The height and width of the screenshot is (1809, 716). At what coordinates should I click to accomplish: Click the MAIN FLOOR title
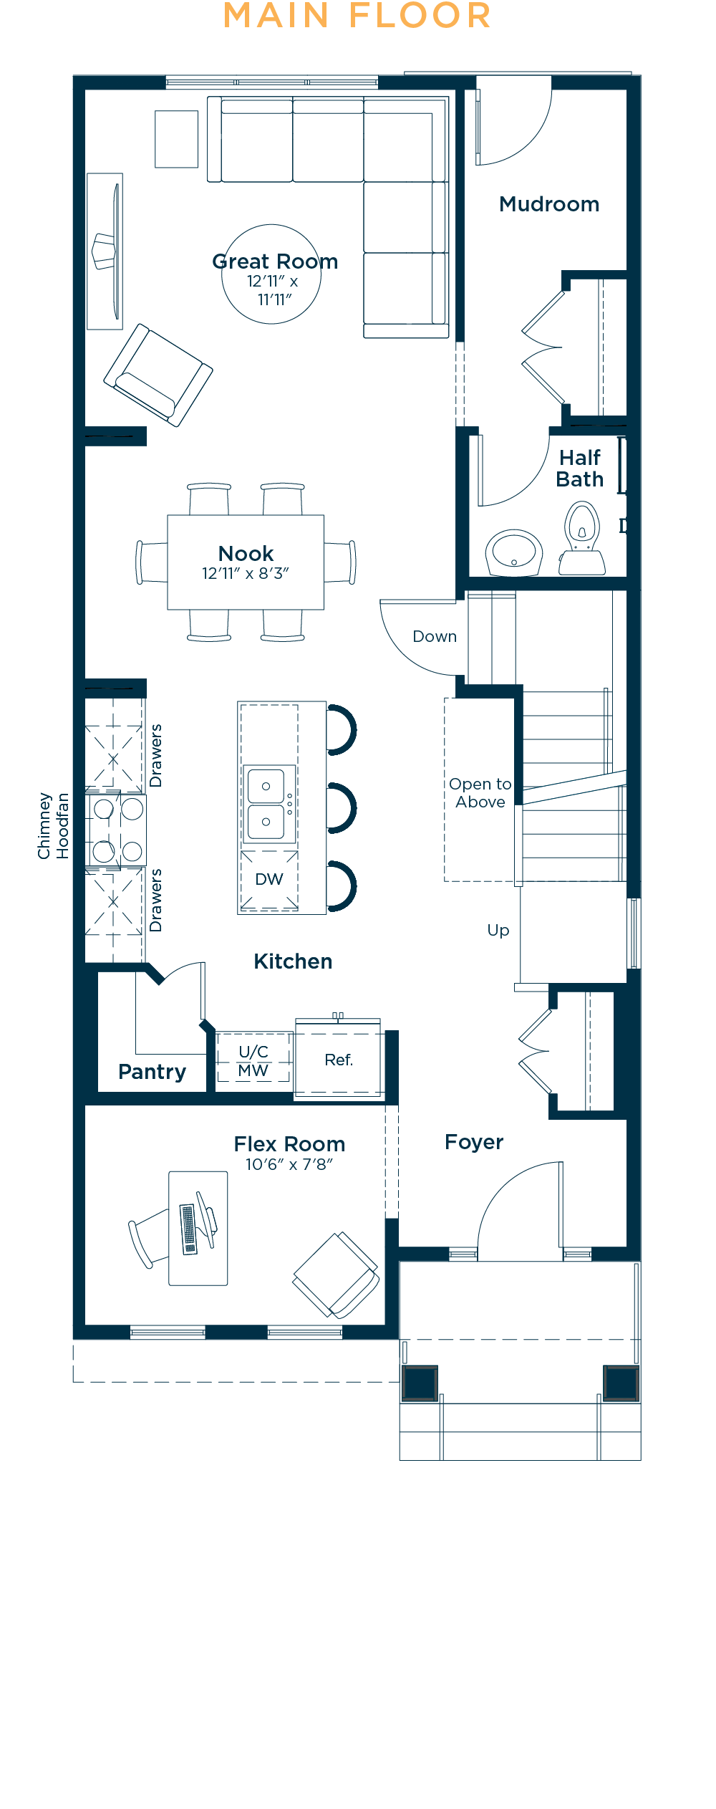coord(357,16)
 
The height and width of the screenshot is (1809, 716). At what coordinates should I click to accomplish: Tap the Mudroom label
coord(549,204)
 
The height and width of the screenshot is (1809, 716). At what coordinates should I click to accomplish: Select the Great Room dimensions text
coord(273,290)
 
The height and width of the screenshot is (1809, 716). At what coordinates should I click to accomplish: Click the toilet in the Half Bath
coord(582,538)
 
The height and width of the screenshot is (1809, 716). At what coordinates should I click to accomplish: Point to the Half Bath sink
coord(513,552)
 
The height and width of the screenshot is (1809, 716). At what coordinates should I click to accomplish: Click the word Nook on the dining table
coord(246,553)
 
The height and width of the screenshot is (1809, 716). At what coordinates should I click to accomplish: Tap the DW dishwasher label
coord(269,879)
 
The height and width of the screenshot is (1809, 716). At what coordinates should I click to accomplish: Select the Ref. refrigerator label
coord(339,1060)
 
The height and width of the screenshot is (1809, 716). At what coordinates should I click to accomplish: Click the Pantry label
coord(152,1072)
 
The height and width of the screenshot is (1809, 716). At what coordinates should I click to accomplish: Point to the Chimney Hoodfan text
coord(54,825)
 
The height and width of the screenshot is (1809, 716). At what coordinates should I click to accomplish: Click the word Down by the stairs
coord(435,636)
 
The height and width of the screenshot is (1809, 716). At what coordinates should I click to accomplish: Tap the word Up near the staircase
coord(498,931)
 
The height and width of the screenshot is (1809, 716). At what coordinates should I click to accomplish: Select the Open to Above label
coord(480,793)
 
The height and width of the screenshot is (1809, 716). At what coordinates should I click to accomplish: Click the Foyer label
coord(474,1142)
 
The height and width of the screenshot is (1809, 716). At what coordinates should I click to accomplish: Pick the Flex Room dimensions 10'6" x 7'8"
coord(289,1164)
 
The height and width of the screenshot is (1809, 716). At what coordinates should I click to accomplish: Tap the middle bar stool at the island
coord(342,808)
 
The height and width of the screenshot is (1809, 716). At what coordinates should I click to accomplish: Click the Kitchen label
coord(293,961)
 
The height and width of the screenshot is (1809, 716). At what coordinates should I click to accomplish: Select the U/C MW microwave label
coord(253,1061)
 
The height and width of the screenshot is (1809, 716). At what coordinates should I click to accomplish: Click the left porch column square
coord(420,1383)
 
